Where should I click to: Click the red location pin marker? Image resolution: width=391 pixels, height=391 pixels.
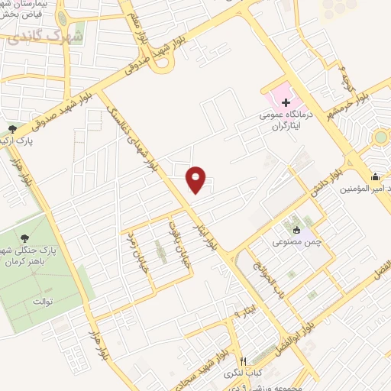(x=197, y=180)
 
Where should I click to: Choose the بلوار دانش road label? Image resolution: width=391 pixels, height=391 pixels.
(x=324, y=182)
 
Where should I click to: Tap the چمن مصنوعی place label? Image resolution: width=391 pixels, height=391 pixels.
(x=292, y=241)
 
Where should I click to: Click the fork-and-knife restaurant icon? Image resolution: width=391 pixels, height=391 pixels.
(x=243, y=361)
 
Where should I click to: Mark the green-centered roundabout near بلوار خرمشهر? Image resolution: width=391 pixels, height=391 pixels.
(x=380, y=138)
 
